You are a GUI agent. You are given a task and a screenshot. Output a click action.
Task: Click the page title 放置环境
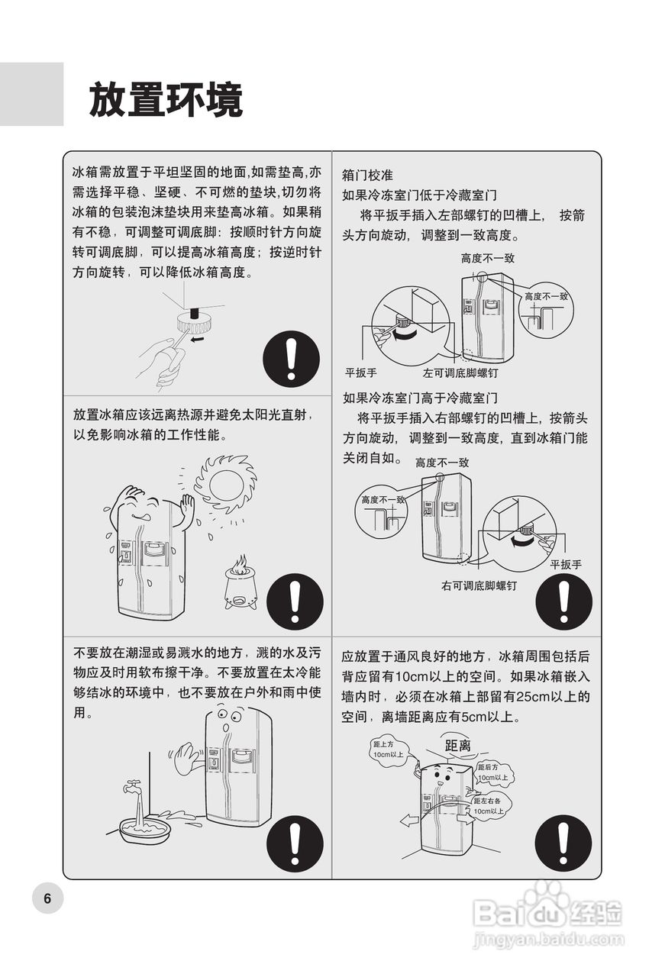[x=166, y=100]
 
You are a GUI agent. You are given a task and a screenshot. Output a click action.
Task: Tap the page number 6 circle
[x=47, y=898]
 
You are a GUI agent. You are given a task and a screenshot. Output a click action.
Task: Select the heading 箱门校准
[x=367, y=176]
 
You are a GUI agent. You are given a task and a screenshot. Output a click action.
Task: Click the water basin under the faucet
[x=144, y=829]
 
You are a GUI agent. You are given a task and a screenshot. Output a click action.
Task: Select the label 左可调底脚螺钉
[x=460, y=373]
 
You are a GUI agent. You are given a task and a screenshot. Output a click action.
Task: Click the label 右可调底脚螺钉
[x=479, y=585]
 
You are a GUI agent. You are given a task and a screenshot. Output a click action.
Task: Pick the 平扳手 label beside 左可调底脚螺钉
[x=360, y=372]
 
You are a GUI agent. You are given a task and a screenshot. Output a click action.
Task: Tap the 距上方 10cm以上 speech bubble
[x=389, y=750]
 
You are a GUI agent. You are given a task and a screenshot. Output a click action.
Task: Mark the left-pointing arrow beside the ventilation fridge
[x=409, y=822]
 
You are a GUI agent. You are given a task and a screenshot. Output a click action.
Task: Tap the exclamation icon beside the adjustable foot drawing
[x=291, y=359]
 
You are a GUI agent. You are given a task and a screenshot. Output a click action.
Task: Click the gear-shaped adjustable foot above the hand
[x=195, y=322]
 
